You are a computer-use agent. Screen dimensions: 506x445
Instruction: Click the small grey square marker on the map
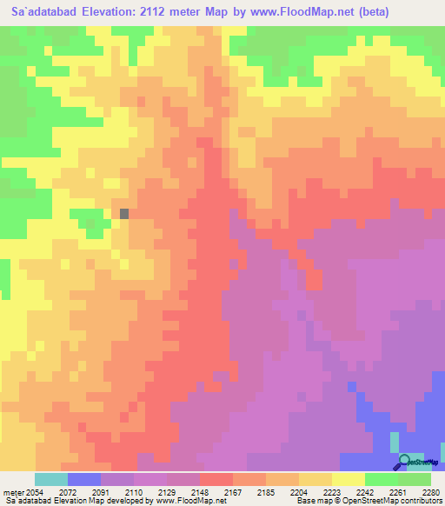[124, 213]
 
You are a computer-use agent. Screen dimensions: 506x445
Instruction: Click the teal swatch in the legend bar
[51, 479]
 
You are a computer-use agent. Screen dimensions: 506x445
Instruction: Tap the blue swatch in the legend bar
[84, 479]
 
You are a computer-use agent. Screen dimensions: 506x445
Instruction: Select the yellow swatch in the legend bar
[349, 479]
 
